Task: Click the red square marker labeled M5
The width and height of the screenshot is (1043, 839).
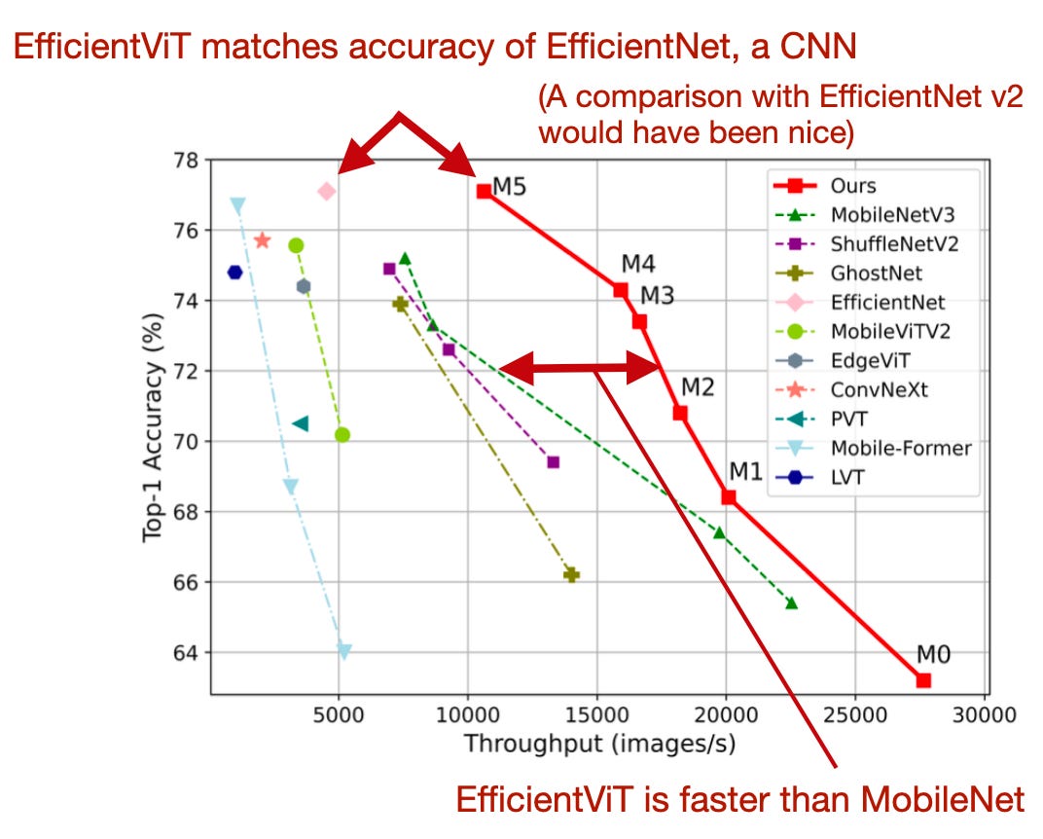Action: (x=484, y=192)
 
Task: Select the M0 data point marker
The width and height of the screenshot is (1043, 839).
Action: (x=923, y=680)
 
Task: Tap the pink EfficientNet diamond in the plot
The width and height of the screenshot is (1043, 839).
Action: (x=327, y=192)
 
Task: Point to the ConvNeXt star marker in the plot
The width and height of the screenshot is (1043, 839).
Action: (x=262, y=240)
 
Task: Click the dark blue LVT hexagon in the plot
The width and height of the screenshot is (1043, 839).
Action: (x=234, y=273)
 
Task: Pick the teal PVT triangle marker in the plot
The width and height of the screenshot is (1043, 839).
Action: (x=301, y=423)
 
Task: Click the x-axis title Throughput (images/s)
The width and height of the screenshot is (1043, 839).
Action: (x=598, y=745)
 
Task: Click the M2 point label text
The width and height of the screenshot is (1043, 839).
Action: (x=697, y=387)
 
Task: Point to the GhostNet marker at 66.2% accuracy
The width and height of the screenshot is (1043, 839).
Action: (x=571, y=575)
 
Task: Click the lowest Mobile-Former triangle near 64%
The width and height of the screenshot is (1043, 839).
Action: (x=343, y=651)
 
